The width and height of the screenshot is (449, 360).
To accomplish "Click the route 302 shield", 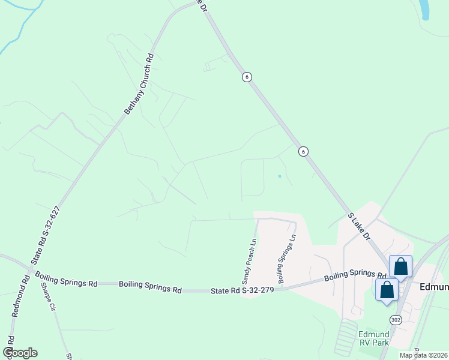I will coord(395,319).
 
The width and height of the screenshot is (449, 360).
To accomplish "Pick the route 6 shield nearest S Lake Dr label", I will coord(304,152).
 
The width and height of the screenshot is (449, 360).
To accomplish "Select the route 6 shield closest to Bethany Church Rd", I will coord(246,77).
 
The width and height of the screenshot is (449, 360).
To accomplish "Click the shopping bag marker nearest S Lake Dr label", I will coord(400,266).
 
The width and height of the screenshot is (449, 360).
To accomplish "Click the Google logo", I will coord(20,353).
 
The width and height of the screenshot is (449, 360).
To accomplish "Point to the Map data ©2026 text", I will coord(423,355).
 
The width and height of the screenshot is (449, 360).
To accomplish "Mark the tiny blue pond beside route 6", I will coord(280,176).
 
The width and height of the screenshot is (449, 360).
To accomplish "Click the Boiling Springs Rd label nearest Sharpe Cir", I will coord(66,279).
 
